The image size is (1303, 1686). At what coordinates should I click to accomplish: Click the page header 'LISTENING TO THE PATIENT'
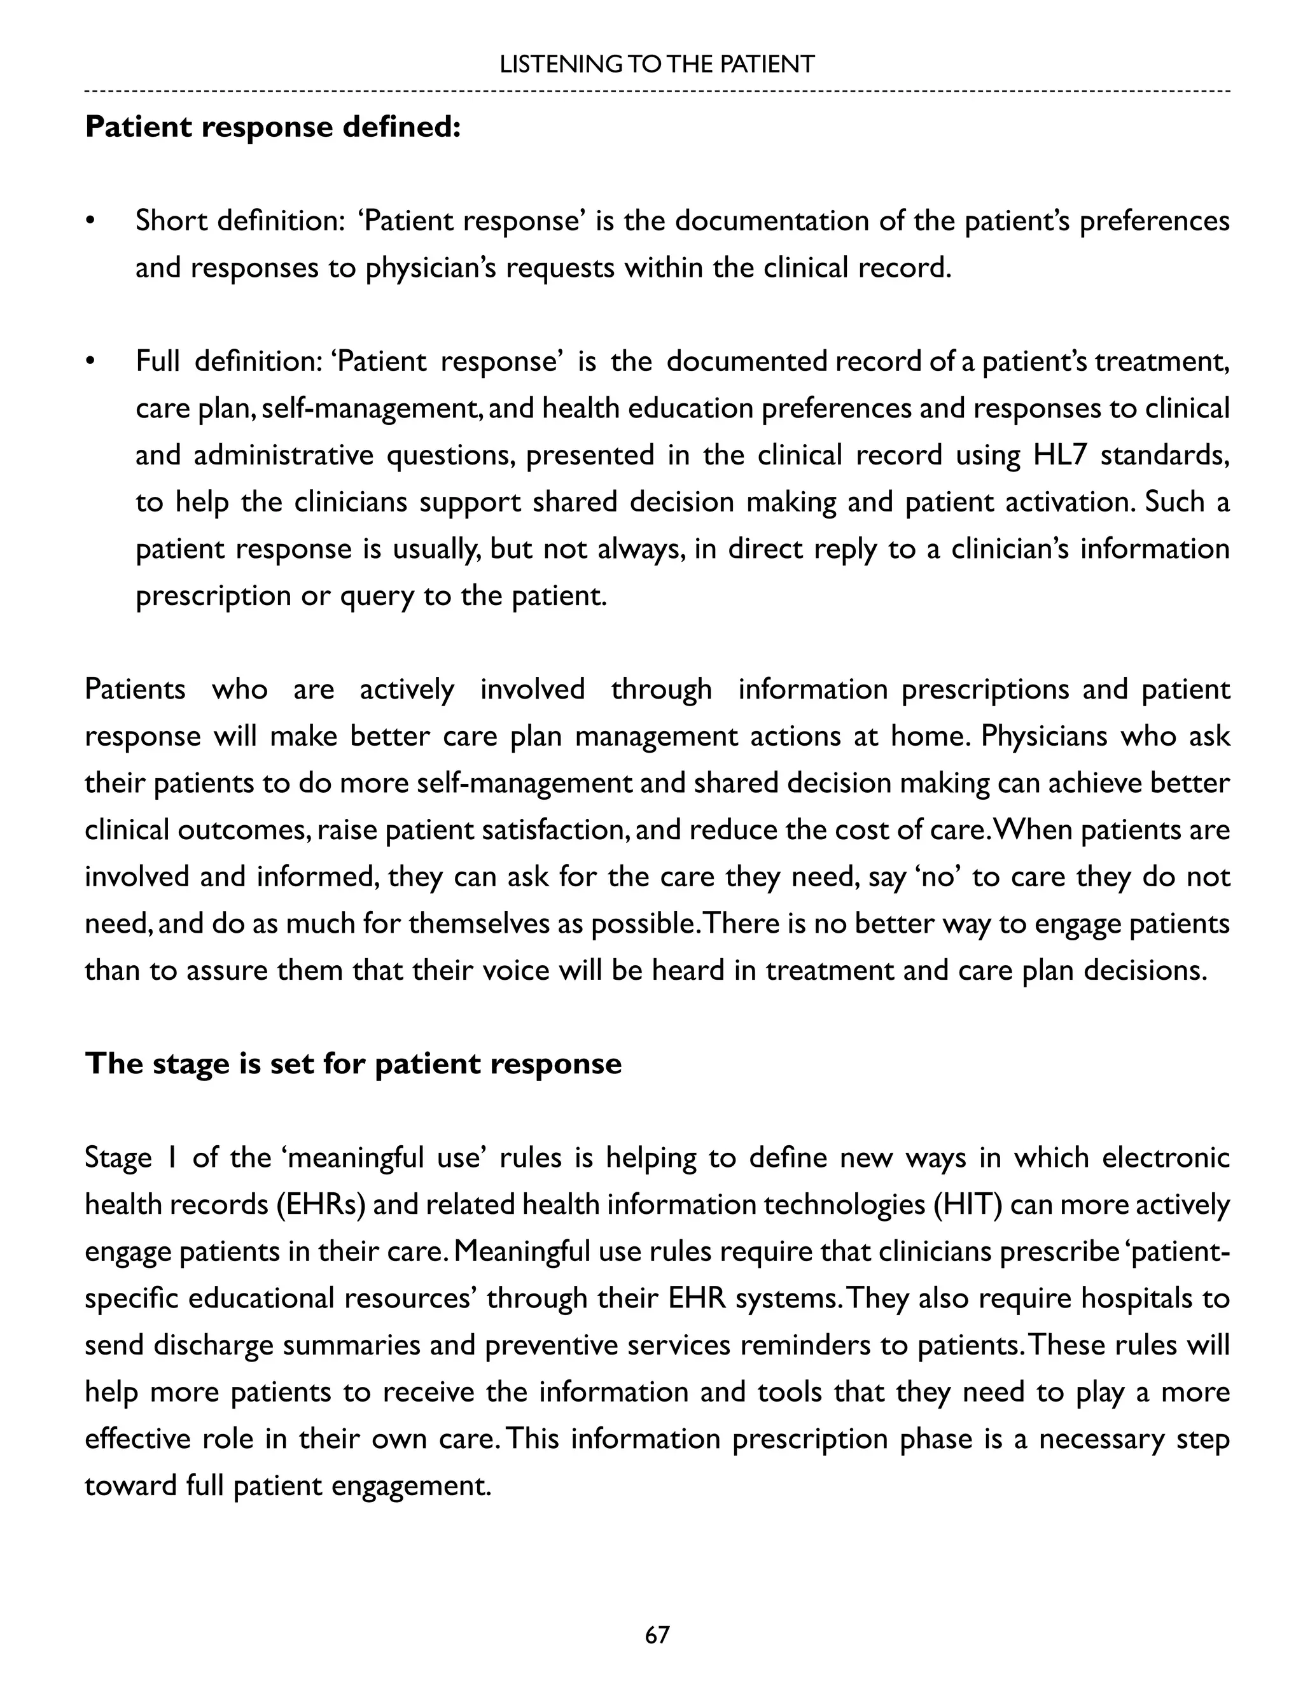656,64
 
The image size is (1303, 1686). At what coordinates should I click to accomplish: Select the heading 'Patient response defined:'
272,127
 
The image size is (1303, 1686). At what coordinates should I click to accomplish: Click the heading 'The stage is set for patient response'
352,1063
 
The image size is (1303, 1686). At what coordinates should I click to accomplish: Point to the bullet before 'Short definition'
90,221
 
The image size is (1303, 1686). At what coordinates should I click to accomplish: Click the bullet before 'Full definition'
90,361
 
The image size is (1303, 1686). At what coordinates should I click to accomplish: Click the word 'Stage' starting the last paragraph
118,1158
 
